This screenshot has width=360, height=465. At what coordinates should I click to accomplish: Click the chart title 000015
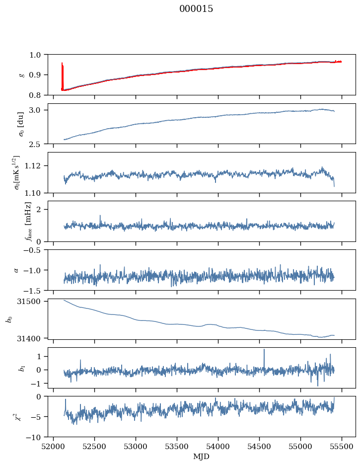(196, 8)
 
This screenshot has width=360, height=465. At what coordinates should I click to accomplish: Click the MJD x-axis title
(201, 456)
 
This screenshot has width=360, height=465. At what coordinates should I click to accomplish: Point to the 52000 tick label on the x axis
(53, 447)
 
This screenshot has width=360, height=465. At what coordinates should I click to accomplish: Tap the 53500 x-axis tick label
(177, 447)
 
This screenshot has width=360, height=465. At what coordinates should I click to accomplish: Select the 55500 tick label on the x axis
(342, 447)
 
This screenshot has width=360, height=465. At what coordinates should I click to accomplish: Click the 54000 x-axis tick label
(218, 447)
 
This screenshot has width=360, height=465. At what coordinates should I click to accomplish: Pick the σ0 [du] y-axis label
(21, 124)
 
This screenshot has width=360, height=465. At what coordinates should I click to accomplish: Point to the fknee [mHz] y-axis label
(28, 222)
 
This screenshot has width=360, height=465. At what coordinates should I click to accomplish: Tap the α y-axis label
(16, 270)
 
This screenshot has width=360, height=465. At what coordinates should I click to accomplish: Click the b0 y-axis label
(9, 319)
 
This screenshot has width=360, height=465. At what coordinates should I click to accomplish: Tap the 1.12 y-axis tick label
(36, 166)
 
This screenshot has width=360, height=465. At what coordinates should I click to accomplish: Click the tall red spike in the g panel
(62, 76)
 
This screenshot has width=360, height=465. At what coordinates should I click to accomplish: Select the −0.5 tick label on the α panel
(35, 250)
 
